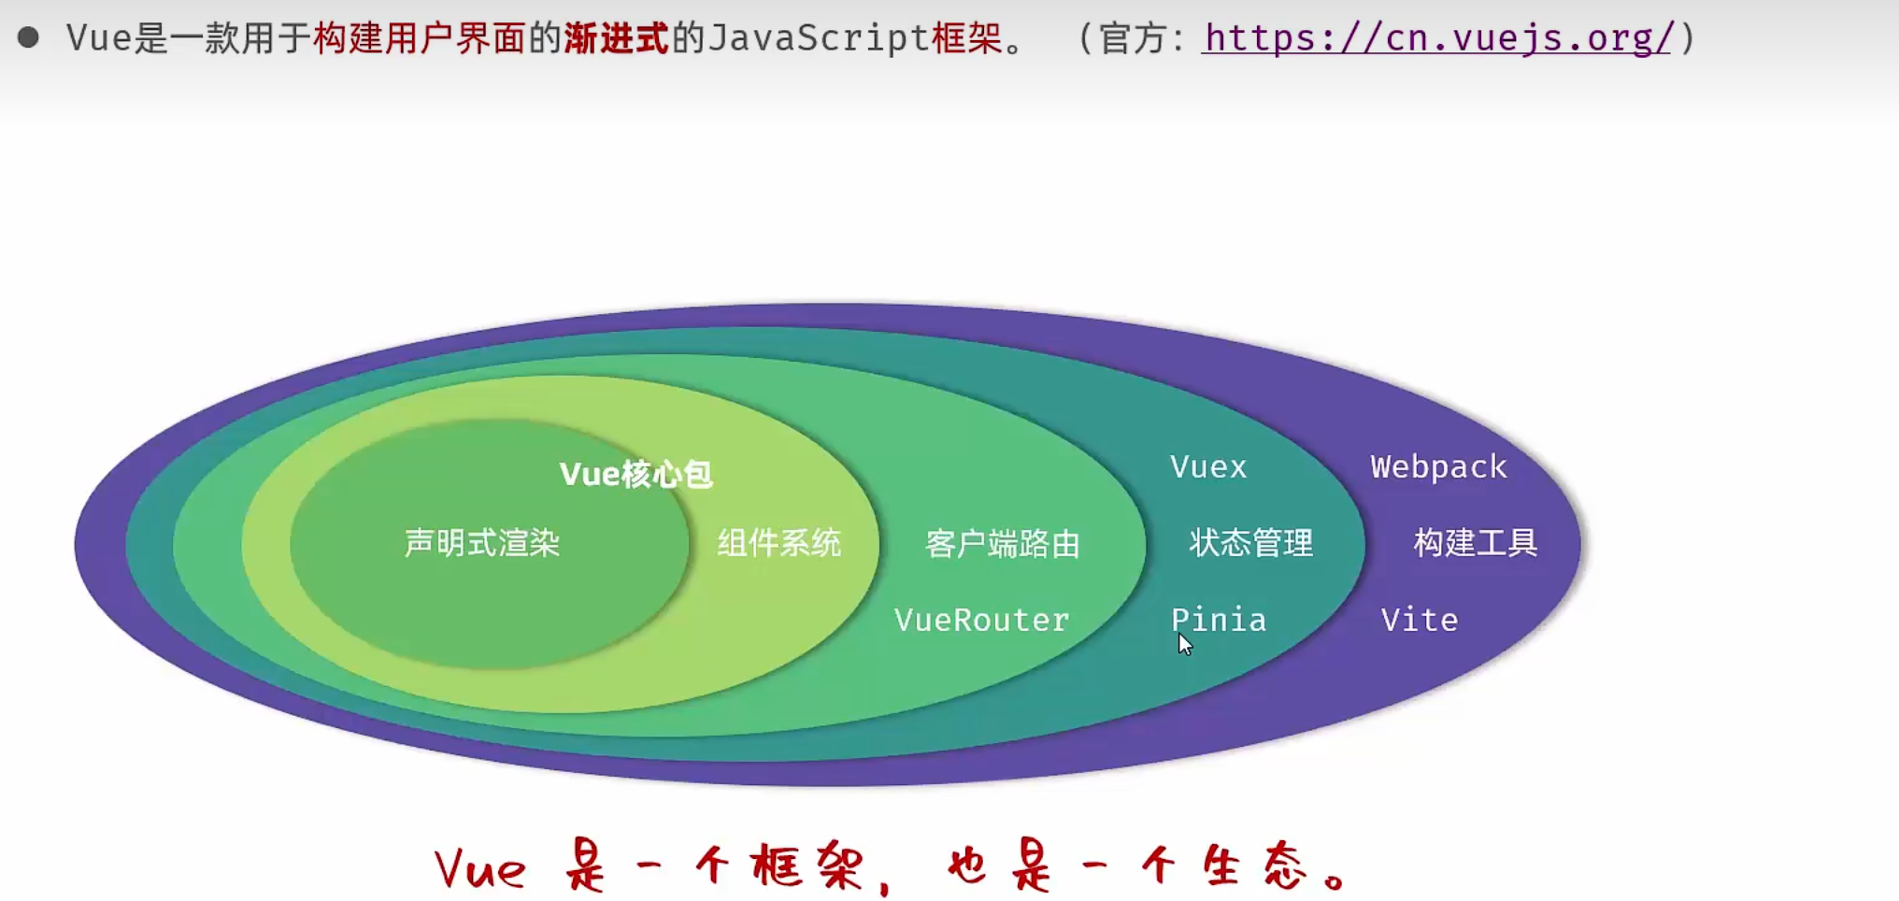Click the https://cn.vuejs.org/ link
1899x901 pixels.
(1436, 38)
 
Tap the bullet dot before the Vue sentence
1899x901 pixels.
(28, 37)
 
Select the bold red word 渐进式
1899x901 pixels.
(616, 38)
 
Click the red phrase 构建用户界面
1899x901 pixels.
(419, 38)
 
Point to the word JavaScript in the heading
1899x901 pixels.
(819, 38)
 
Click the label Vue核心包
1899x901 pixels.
(635, 474)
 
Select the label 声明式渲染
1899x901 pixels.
(482, 543)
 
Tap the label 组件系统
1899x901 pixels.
(779, 543)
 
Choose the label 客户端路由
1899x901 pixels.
(1002, 544)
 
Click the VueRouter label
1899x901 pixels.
(981, 620)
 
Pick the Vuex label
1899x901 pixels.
(1208, 466)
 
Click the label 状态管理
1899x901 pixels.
(1250, 543)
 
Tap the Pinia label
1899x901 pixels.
(1219, 619)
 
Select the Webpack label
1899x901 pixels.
(1438, 466)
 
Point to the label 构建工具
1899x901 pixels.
(1475, 543)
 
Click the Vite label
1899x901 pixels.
(1420, 620)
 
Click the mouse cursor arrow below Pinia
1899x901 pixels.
(1185, 644)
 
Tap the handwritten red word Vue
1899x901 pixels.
(480, 869)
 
